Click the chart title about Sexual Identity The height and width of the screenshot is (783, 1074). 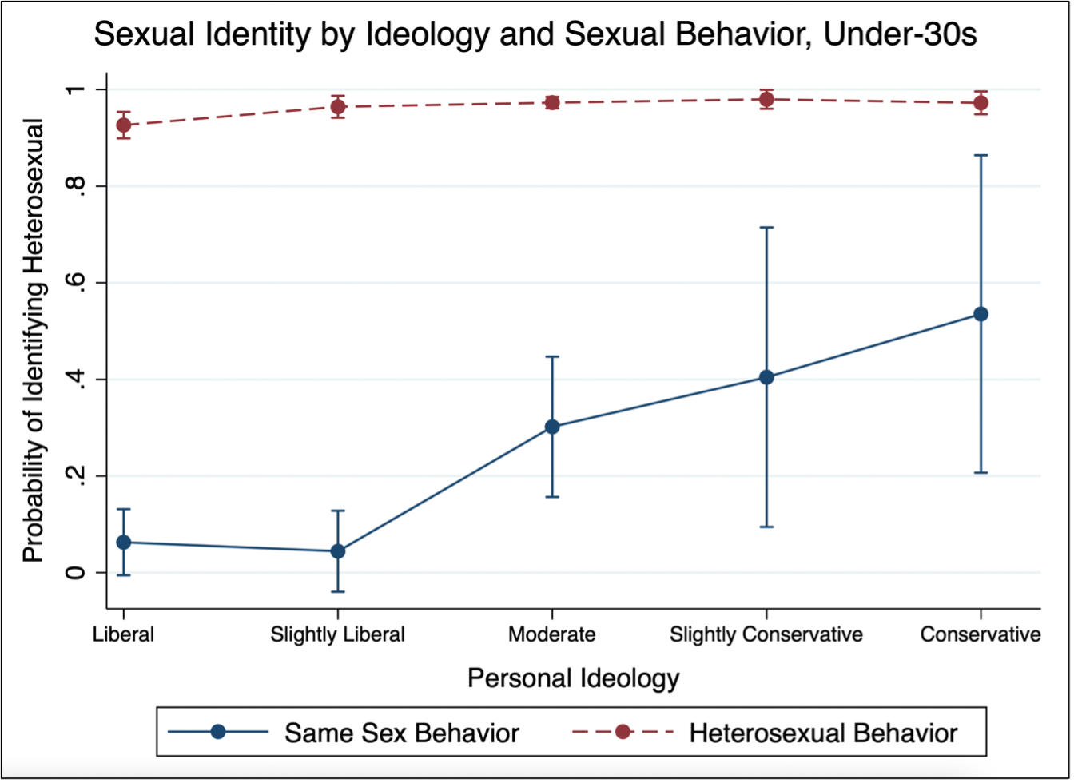coord(535,36)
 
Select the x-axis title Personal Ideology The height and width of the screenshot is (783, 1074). coord(573,678)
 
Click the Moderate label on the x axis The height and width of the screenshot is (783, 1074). coord(551,634)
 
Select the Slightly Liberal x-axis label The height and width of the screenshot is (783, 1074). coord(337,634)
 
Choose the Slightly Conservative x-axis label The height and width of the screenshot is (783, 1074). coord(766,634)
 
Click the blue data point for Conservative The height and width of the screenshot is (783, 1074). coord(981,314)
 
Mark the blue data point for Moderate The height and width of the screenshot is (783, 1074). coord(551,427)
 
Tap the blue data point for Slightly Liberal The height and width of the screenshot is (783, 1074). coord(337,551)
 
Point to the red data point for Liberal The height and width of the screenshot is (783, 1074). coord(123,125)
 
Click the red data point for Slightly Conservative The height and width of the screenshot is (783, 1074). coord(766,100)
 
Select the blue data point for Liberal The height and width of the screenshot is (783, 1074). coord(123,543)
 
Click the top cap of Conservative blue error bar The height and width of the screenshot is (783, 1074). coord(981,155)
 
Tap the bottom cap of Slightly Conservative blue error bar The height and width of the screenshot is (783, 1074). coord(766,527)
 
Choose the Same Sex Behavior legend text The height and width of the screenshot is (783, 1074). coord(402,732)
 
